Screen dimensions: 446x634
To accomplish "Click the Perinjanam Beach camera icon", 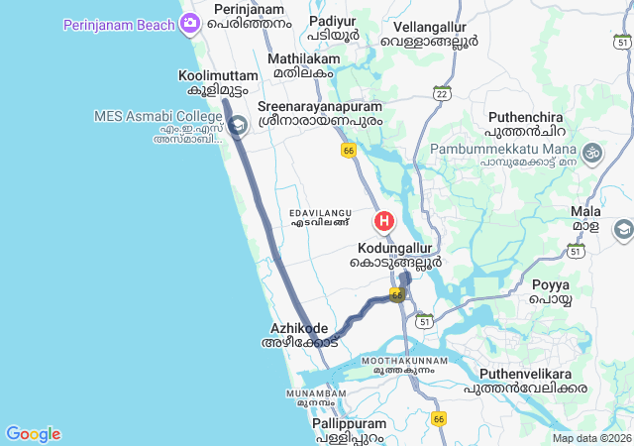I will (x=187, y=23).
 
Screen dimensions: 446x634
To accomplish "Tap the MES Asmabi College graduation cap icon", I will (x=238, y=126).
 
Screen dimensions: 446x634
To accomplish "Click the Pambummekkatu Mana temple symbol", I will (x=592, y=153).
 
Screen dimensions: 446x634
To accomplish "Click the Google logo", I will (x=33, y=434).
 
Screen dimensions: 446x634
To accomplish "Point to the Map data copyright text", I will (x=591, y=438).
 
